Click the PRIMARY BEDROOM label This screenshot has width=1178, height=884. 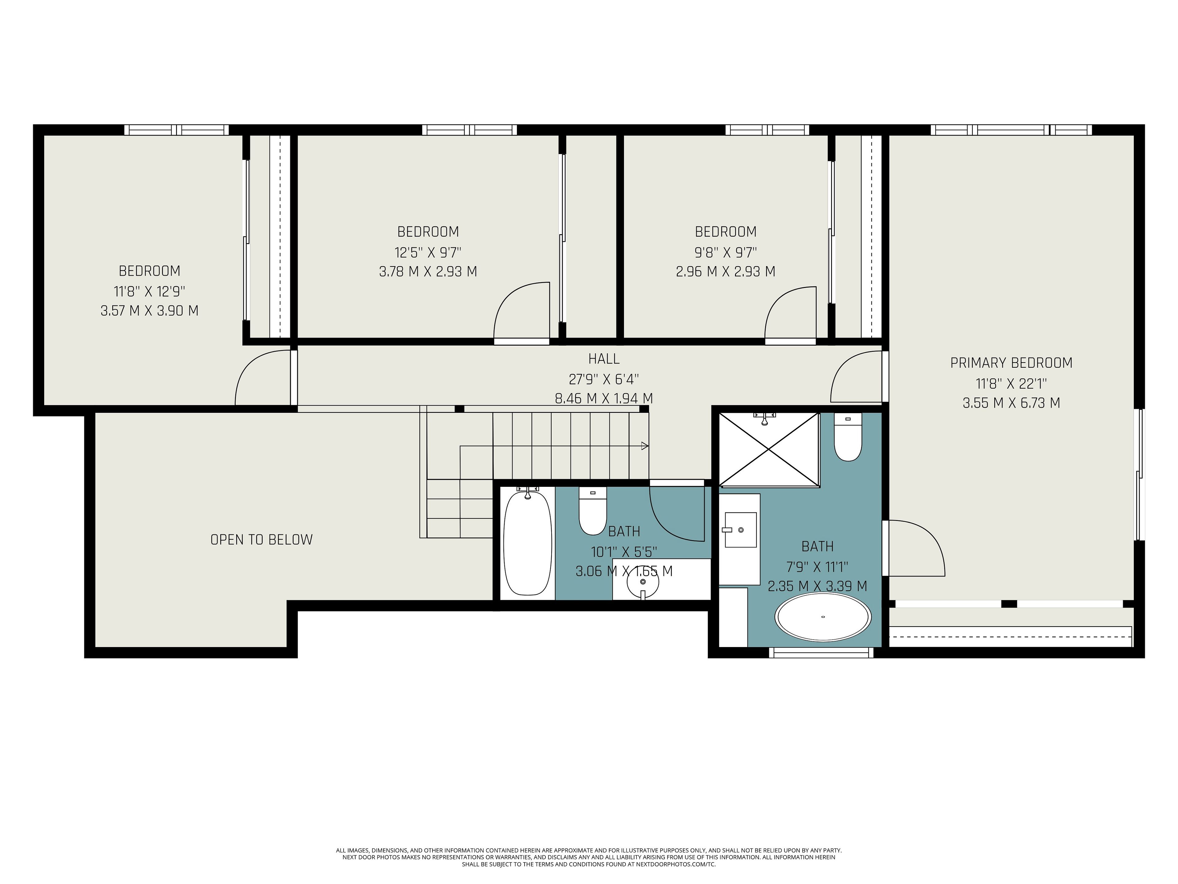[x=1011, y=363]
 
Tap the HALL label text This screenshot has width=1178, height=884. [x=604, y=359]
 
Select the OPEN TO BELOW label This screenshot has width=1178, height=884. [x=261, y=540]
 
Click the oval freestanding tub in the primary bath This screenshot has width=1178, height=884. [x=823, y=617]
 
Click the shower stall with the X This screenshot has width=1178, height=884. [x=769, y=449]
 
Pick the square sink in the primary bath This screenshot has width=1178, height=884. [x=740, y=530]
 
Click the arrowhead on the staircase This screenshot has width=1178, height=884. [x=645, y=445]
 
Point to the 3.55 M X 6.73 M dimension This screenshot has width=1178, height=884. [x=1011, y=403]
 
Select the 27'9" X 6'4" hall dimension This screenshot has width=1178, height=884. [x=604, y=379]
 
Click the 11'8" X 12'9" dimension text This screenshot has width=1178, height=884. [x=150, y=291]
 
